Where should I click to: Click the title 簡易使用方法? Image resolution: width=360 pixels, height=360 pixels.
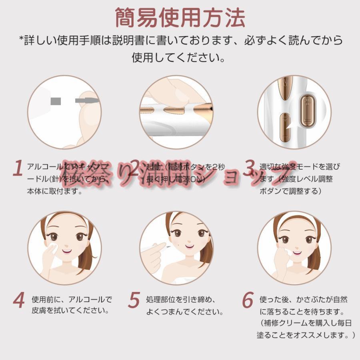180,18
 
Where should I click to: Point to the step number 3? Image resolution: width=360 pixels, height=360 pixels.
250,168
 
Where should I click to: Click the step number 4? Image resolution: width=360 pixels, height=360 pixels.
18,301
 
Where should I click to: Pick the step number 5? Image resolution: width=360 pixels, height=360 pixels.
134,301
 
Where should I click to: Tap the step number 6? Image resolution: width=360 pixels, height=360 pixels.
248,301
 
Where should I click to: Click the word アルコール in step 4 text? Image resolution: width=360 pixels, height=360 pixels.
90,299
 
